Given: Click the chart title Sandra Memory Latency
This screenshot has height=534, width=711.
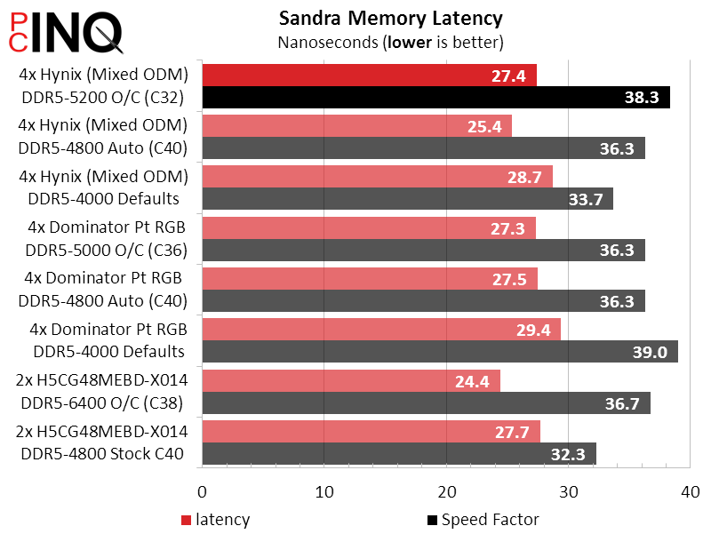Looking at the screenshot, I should [x=390, y=18].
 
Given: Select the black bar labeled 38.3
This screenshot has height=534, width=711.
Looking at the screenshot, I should [x=435, y=98].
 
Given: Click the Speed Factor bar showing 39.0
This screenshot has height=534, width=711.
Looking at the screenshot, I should [x=440, y=352].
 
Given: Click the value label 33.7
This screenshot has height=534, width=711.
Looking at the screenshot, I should [x=586, y=199].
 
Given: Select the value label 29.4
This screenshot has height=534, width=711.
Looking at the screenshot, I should [x=535, y=330].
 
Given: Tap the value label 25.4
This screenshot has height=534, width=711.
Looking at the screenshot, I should [x=486, y=126].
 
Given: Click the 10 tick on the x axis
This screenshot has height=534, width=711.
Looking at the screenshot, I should [x=324, y=491].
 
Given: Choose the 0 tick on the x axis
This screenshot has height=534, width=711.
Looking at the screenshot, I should [x=203, y=491].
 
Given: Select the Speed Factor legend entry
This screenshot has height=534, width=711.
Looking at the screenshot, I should [x=483, y=520].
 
